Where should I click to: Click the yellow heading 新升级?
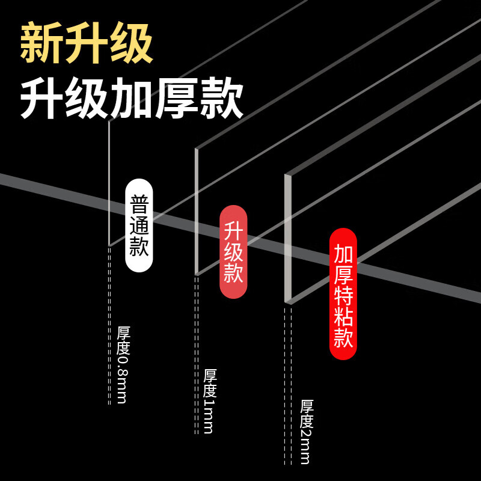pyautogui.click(x=87, y=44)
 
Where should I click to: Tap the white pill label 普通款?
pyautogui.click(x=139, y=225)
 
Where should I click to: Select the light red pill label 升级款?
pyautogui.click(x=233, y=252)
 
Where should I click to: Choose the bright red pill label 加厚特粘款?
pyautogui.click(x=343, y=294)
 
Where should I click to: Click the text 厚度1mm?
pyautogui.click(x=209, y=400)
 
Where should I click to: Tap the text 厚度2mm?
pyautogui.click(x=306, y=431)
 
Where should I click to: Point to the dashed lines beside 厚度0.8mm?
pyautogui.click(x=109, y=325)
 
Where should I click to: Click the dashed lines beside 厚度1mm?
pyautogui.click(x=196, y=355)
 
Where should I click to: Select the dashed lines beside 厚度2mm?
pyautogui.click(x=288, y=385)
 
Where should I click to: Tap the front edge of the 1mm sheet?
pyautogui.click(x=197, y=210)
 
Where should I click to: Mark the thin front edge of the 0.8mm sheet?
pyautogui.click(x=109, y=180)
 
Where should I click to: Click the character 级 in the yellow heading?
pyautogui.click(x=132, y=44)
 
